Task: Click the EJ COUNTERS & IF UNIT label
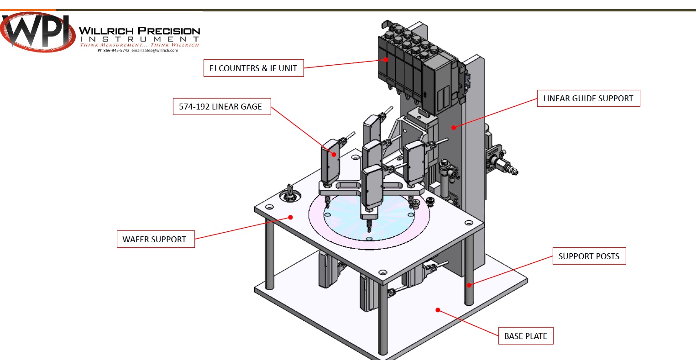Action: click(253, 68)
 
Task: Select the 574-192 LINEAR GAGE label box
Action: click(221, 106)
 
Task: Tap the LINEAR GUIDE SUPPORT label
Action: click(588, 98)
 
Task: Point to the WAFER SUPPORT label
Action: click(155, 239)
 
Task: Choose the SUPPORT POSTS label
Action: click(589, 256)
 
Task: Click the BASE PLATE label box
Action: click(525, 336)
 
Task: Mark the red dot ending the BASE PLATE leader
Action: click(438, 310)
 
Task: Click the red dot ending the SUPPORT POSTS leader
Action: click(469, 286)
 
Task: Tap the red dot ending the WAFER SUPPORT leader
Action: click(290, 217)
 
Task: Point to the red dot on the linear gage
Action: click(334, 155)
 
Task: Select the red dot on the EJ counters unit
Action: click(386, 59)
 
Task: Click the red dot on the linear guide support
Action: click(453, 127)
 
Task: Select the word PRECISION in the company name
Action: click(169, 31)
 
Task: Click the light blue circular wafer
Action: click(370, 219)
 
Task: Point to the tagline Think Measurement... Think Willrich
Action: click(139, 45)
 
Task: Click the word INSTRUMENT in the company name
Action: click(139, 39)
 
